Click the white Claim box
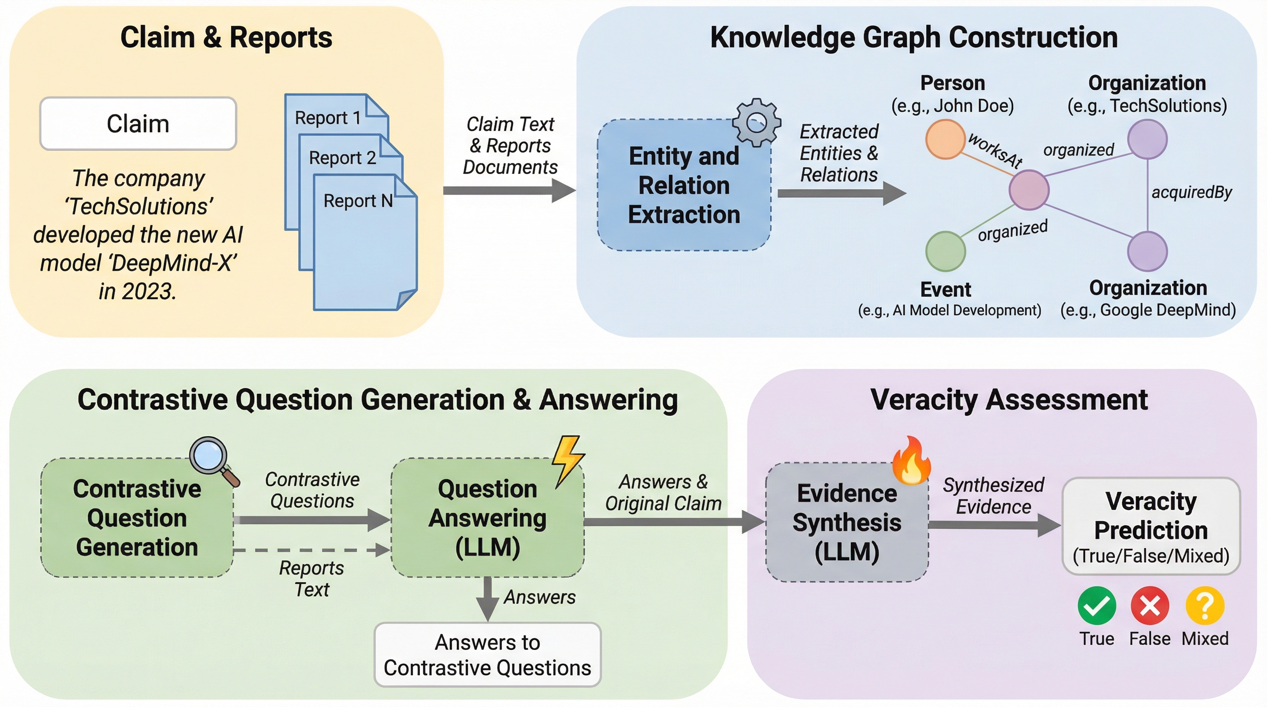click(138, 123)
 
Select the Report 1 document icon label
click(328, 118)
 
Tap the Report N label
click(358, 201)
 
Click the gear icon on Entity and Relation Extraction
click(756, 122)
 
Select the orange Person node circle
click(945, 139)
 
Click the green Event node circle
click(945, 251)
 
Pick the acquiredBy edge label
click(1191, 192)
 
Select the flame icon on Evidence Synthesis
click(912, 461)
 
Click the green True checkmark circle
click(1096, 605)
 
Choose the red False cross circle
click(1150, 605)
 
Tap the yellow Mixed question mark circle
click(1204, 605)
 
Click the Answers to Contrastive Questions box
click(488, 655)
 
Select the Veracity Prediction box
click(1151, 526)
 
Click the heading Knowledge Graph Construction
click(914, 38)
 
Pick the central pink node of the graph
click(1029, 190)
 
